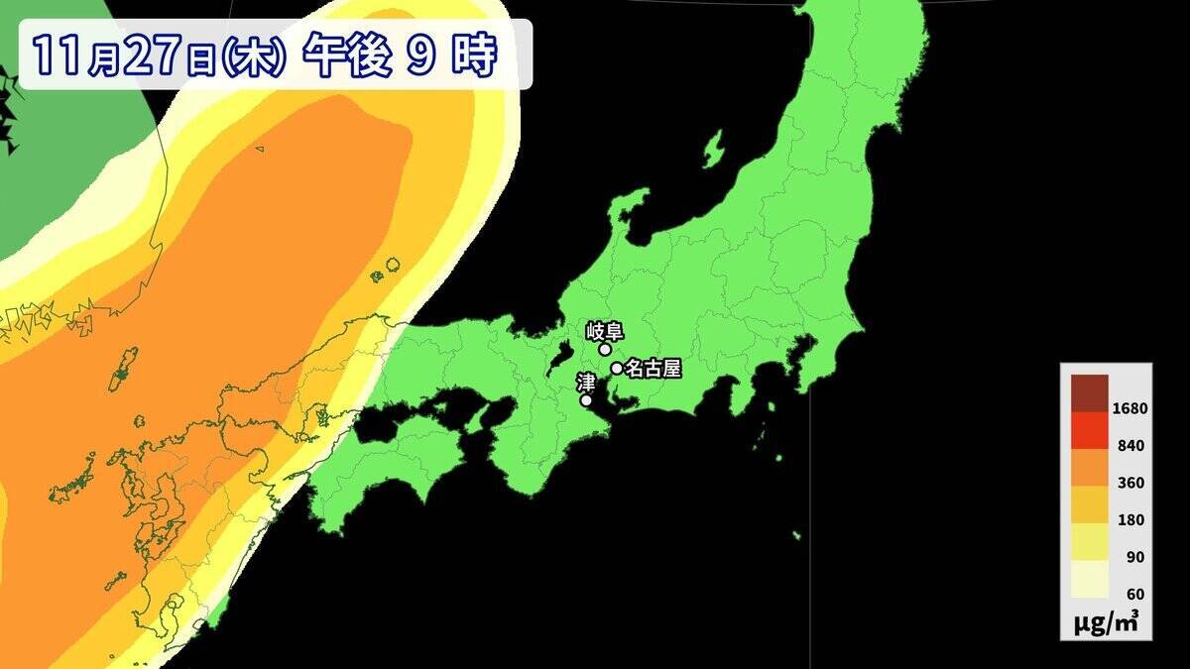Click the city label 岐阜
click(x=604, y=330)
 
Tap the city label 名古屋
click(x=653, y=369)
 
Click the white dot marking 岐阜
click(x=605, y=349)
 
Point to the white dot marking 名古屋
click(x=617, y=368)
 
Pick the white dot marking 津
click(x=586, y=400)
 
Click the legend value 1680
click(x=1130, y=408)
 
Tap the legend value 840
click(x=1130, y=446)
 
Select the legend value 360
click(x=1130, y=483)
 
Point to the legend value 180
click(x=1130, y=519)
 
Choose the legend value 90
click(x=1134, y=557)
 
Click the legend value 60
click(x=1134, y=594)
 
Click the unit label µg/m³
click(x=1106, y=622)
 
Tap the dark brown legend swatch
click(x=1089, y=391)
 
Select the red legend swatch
click(x=1089, y=429)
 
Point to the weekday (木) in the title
click(x=256, y=57)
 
